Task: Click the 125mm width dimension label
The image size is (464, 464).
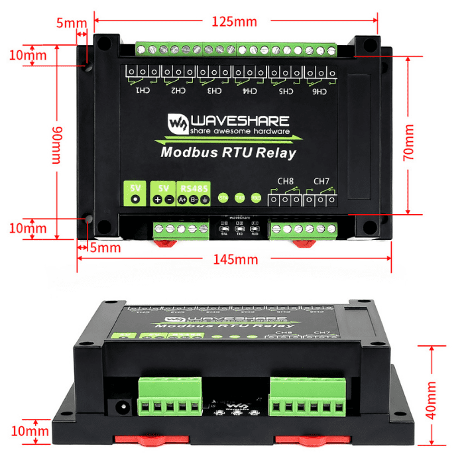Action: coord(234,21)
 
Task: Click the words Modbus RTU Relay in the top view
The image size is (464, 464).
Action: coord(229,153)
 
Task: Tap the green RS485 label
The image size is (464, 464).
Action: coord(194,188)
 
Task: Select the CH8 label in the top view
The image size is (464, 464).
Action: coord(284,180)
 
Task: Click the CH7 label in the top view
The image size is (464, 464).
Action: coord(321,180)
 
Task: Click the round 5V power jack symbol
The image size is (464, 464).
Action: coord(136,200)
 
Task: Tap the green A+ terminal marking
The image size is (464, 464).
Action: coord(182,200)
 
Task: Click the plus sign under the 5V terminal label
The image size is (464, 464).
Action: coord(157,200)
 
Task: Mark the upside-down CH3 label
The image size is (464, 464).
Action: coord(213,91)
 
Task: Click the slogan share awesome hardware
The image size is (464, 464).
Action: coord(239,131)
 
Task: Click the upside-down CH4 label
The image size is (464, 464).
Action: coord(249,91)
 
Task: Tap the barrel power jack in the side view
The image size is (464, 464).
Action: coord(122,406)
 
